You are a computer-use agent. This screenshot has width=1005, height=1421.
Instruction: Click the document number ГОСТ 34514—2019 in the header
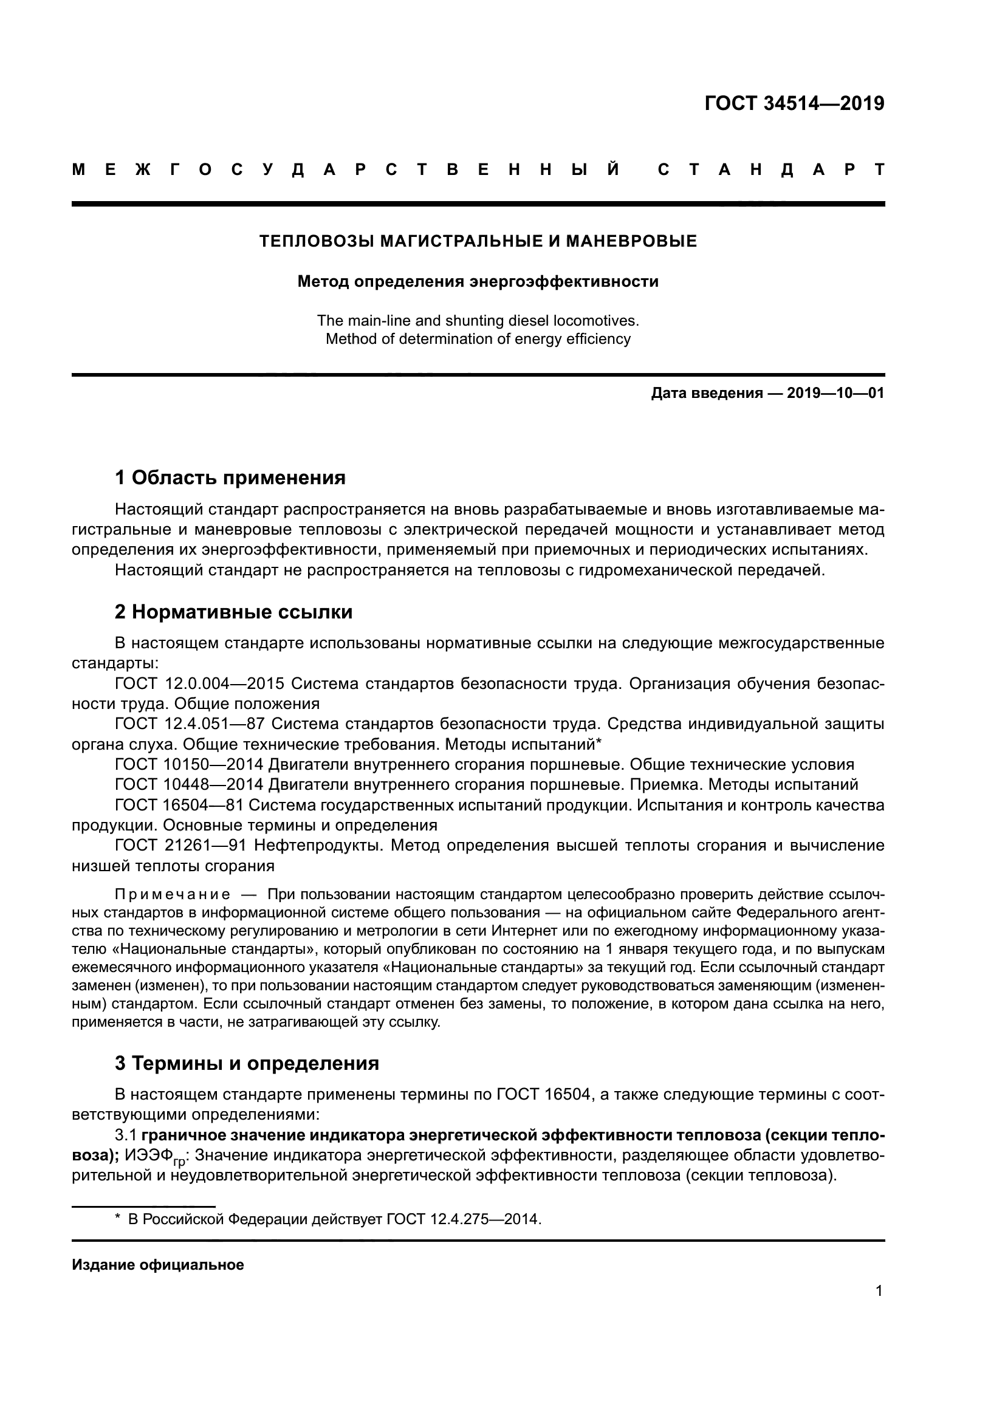tap(795, 103)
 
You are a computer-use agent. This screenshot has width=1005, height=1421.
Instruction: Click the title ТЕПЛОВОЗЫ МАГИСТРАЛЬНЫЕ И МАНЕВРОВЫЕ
tap(478, 241)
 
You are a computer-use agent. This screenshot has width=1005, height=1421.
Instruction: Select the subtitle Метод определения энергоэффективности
tap(478, 282)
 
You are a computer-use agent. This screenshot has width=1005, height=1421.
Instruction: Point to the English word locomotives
tap(596, 321)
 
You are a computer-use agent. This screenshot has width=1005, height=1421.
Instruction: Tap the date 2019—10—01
tap(835, 394)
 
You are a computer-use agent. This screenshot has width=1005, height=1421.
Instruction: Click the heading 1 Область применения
tap(230, 478)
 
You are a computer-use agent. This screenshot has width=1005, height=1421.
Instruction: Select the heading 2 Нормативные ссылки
tap(234, 612)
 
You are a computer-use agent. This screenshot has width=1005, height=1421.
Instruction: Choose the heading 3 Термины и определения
tap(247, 1063)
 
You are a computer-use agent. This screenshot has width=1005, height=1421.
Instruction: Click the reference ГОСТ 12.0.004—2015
tap(199, 684)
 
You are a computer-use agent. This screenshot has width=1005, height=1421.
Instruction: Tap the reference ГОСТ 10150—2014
tap(190, 765)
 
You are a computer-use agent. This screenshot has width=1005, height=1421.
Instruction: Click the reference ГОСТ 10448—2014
tap(190, 785)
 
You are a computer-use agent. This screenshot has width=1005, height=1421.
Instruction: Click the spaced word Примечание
tap(173, 895)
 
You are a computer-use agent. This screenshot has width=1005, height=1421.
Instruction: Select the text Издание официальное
tap(158, 1265)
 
